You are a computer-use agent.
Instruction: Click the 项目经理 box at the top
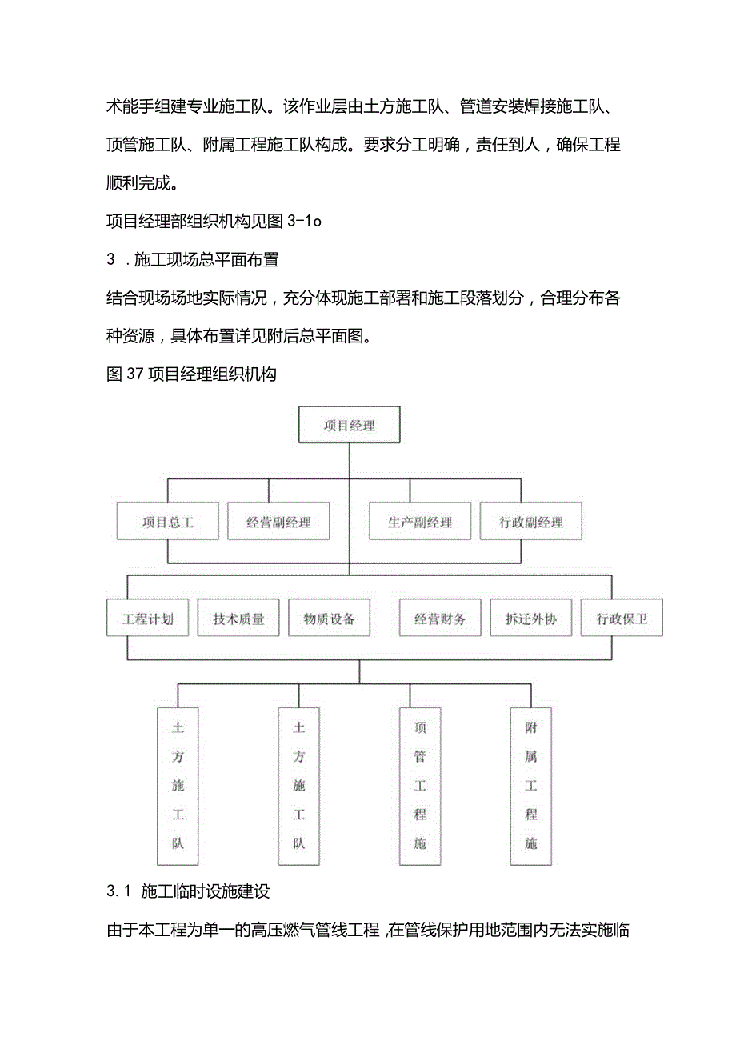pos(349,426)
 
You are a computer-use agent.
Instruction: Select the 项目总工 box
pos(168,523)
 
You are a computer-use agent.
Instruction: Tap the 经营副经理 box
pos(278,523)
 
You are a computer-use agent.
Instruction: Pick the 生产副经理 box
pos(420,523)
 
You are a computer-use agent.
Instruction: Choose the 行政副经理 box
pos(530,523)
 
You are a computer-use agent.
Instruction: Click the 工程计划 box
pos(148,619)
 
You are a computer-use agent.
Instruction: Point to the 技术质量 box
pos(238,619)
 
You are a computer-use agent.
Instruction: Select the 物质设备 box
pos(329,619)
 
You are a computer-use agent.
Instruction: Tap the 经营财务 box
pos(440,619)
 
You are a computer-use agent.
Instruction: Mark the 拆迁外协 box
pos(530,619)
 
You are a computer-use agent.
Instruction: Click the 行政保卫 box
pos(622,619)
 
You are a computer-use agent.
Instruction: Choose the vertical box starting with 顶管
pos(420,785)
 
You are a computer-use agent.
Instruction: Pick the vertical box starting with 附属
pos(530,785)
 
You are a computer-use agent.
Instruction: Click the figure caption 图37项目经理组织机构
pos(191,374)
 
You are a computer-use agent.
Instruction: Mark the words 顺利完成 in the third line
pos(141,182)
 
